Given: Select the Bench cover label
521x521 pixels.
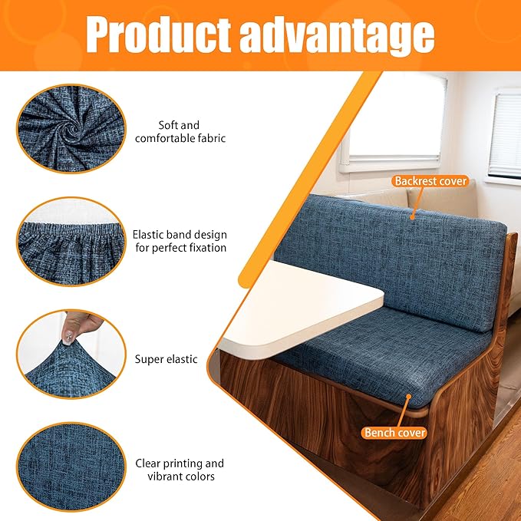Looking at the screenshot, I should click(x=395, y=433).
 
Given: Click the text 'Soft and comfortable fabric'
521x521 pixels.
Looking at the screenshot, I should click(x=180, y=131).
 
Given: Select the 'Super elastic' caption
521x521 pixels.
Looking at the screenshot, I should click(x=166, y=358).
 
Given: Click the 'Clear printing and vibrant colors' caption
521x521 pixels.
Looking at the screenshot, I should click(x=180, y=470).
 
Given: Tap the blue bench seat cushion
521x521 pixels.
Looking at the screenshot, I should click(x=361, y=361).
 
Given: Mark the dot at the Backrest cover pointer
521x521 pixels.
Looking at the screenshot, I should click(x=414, y=217).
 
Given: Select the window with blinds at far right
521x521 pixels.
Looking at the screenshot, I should click(x=505, y=134).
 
